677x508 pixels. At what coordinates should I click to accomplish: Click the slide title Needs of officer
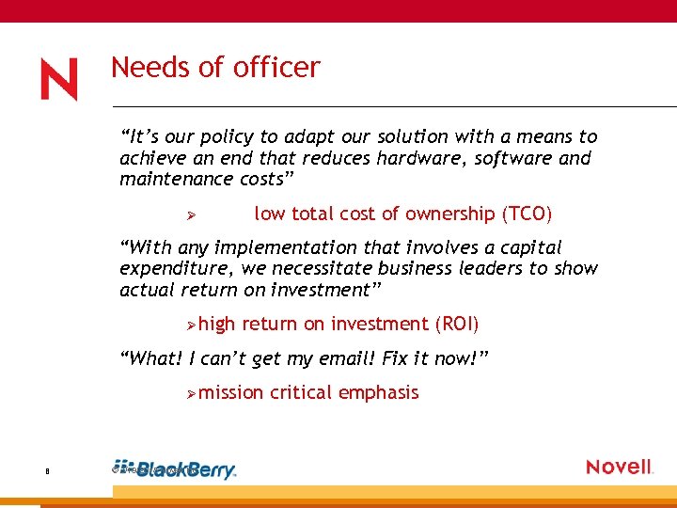[x=215, y=68]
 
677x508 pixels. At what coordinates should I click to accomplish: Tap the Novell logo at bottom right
[x=619, y=467]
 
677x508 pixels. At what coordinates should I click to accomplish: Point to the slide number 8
[x=47, y=471]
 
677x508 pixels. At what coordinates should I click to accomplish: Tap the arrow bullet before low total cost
[x=189, y=215]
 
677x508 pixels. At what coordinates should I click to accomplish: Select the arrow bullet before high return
[x=189, y=325]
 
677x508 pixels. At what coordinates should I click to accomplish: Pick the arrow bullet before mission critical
[x=189, y=393]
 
